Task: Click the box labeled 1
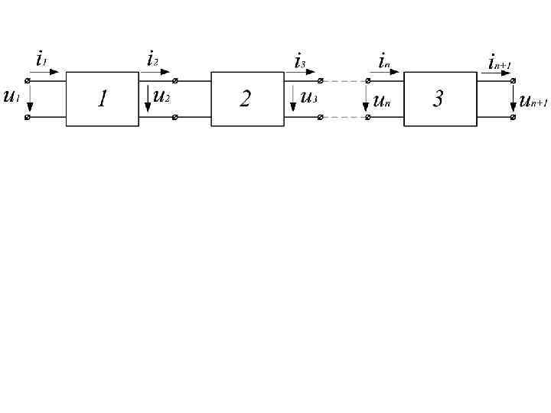102,99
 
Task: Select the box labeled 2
246,99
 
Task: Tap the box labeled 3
439,99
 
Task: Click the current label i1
41,58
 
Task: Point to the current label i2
152,58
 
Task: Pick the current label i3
301,60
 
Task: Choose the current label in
384,60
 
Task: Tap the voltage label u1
11,97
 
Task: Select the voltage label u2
161,96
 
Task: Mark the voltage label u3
308,97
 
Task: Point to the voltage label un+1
533,99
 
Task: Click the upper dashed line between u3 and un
344,80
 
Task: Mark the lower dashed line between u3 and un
344,117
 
